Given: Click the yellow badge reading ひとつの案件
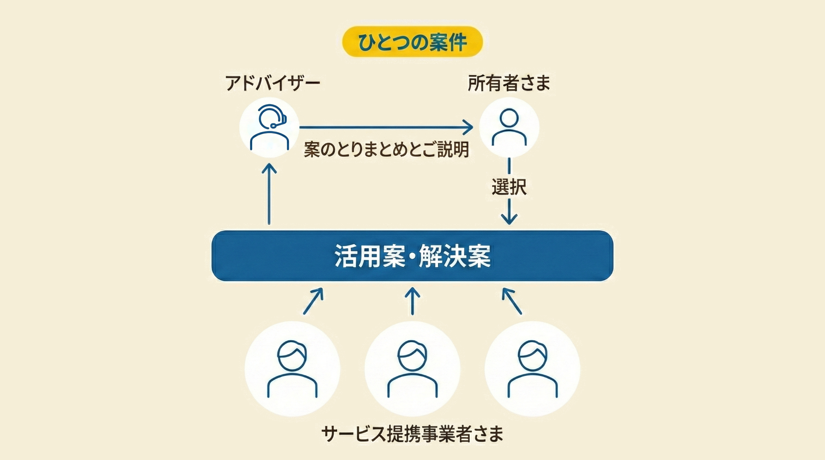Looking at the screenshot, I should point(412,42).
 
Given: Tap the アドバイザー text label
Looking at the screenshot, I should point(272,83).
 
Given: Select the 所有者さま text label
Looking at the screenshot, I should point(509,83).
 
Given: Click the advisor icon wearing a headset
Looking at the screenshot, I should point(269,127).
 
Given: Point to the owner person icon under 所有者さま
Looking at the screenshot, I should point(509,127).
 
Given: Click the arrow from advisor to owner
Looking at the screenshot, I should point(386,127).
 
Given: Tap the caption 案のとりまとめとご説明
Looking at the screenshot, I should point(386,150).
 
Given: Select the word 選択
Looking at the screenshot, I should point(509,187).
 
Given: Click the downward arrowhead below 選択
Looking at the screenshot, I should point(509,219).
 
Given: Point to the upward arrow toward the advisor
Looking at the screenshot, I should point(269,193).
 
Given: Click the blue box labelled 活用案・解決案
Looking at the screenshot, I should point(412,256).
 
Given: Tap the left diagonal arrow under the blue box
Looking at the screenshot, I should point(313,301).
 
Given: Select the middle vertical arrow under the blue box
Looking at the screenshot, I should point(412,301).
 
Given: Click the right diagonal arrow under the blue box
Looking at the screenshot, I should point(512,301).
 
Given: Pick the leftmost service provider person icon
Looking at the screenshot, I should point(292,369).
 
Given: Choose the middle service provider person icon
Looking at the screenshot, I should point(412,369).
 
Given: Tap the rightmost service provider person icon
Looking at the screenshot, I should point(532,369).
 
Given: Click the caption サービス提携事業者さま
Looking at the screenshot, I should point(412,434).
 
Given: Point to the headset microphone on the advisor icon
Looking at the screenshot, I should point(274,126).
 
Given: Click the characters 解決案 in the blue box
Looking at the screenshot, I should point(455,256).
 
